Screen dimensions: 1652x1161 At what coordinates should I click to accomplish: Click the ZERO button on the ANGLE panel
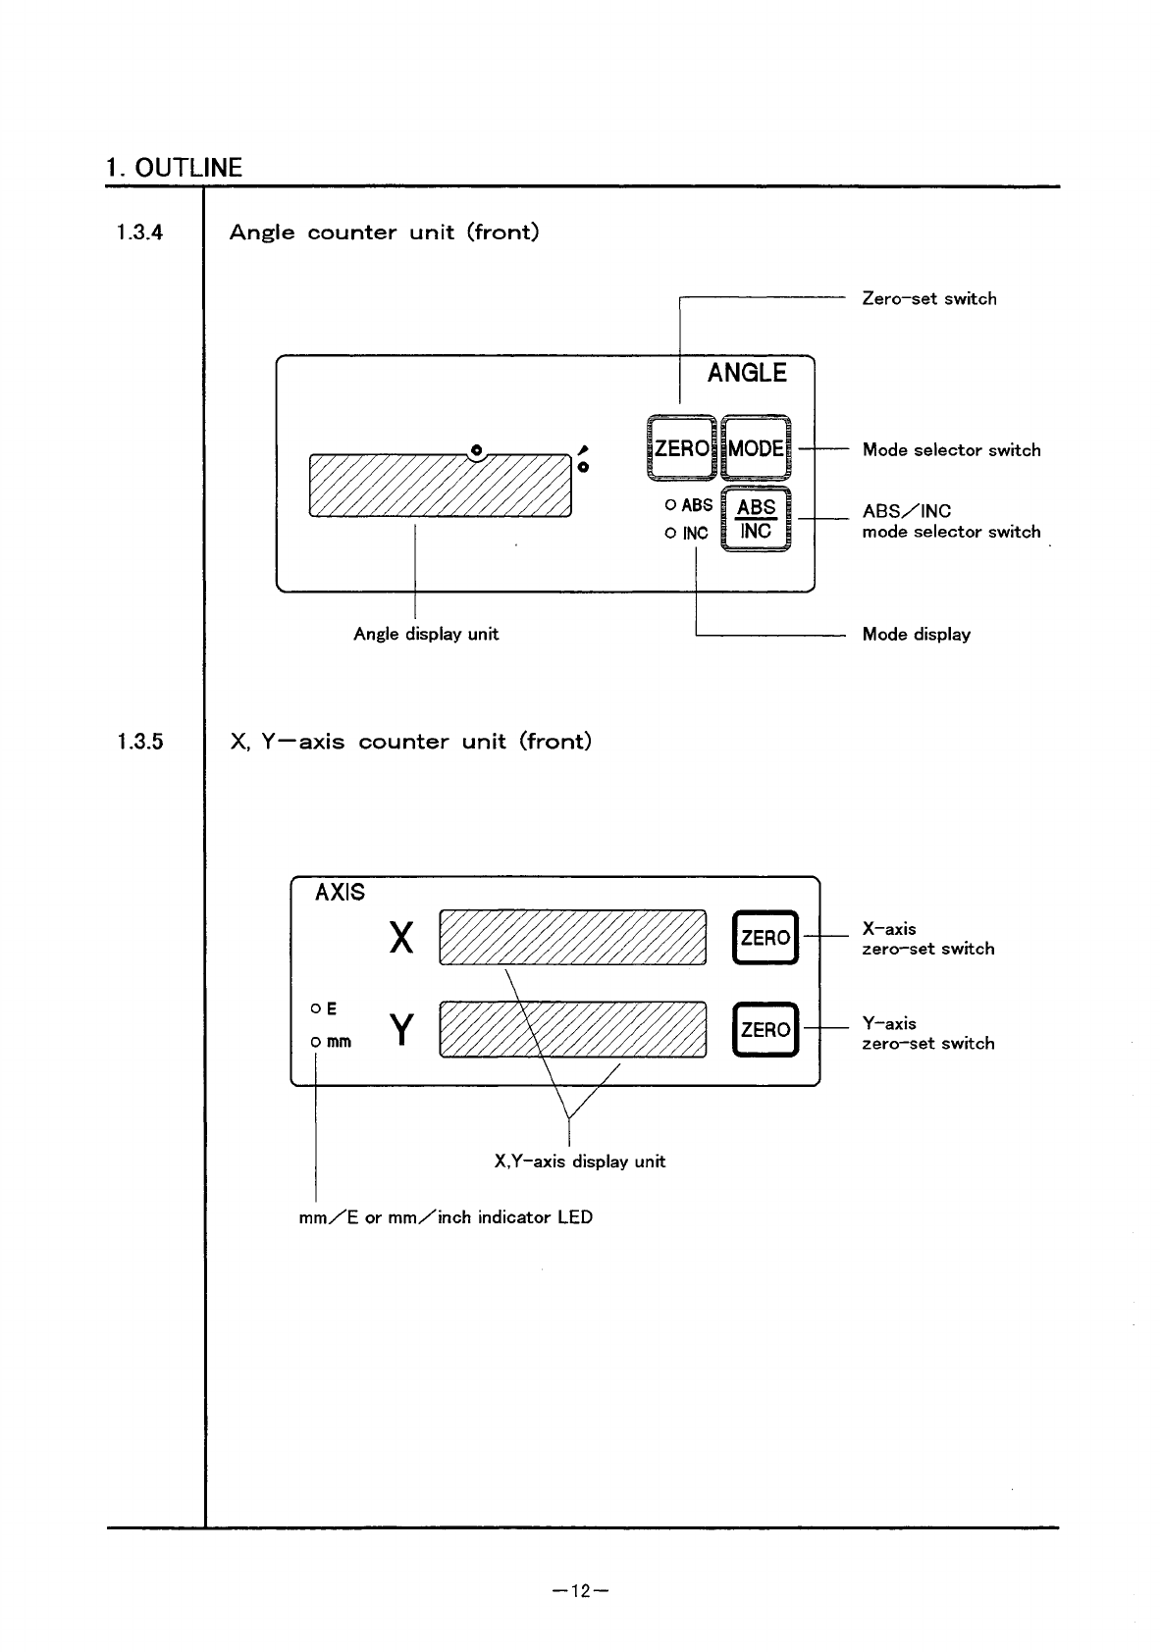pos(681,449)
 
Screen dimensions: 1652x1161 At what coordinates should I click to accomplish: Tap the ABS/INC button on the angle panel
pos(756,520)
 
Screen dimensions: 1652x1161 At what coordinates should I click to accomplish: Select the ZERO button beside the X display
pos(765,938)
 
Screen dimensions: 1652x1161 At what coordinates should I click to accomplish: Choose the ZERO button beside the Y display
pos(765,1029)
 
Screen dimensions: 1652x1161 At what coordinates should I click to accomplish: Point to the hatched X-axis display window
pos(573,938)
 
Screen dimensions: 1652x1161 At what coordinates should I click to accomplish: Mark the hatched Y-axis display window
pos(573,1029)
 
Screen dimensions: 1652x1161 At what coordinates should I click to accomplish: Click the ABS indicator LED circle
pos(670,506)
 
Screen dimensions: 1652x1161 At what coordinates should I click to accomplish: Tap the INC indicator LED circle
pos(670,534)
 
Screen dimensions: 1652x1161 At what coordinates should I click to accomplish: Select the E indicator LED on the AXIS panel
pos(315,1008)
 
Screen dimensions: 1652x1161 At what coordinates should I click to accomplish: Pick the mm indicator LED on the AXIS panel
pos(315,1042)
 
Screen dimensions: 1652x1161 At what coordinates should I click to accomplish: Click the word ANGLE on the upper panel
pos(747,373)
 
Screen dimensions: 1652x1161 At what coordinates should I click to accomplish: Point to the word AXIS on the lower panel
pos(340,893)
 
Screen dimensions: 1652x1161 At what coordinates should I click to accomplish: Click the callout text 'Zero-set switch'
pos(928,298)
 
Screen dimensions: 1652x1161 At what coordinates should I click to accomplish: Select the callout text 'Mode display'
pos(916,634)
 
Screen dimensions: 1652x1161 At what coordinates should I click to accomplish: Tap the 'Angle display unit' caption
pos(426,634)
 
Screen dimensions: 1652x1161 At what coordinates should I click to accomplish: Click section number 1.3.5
pos(139,742)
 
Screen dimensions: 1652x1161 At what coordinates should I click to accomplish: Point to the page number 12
pos(581,1591)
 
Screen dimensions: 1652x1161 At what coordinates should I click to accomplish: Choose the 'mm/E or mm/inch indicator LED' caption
pos(446,1217)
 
